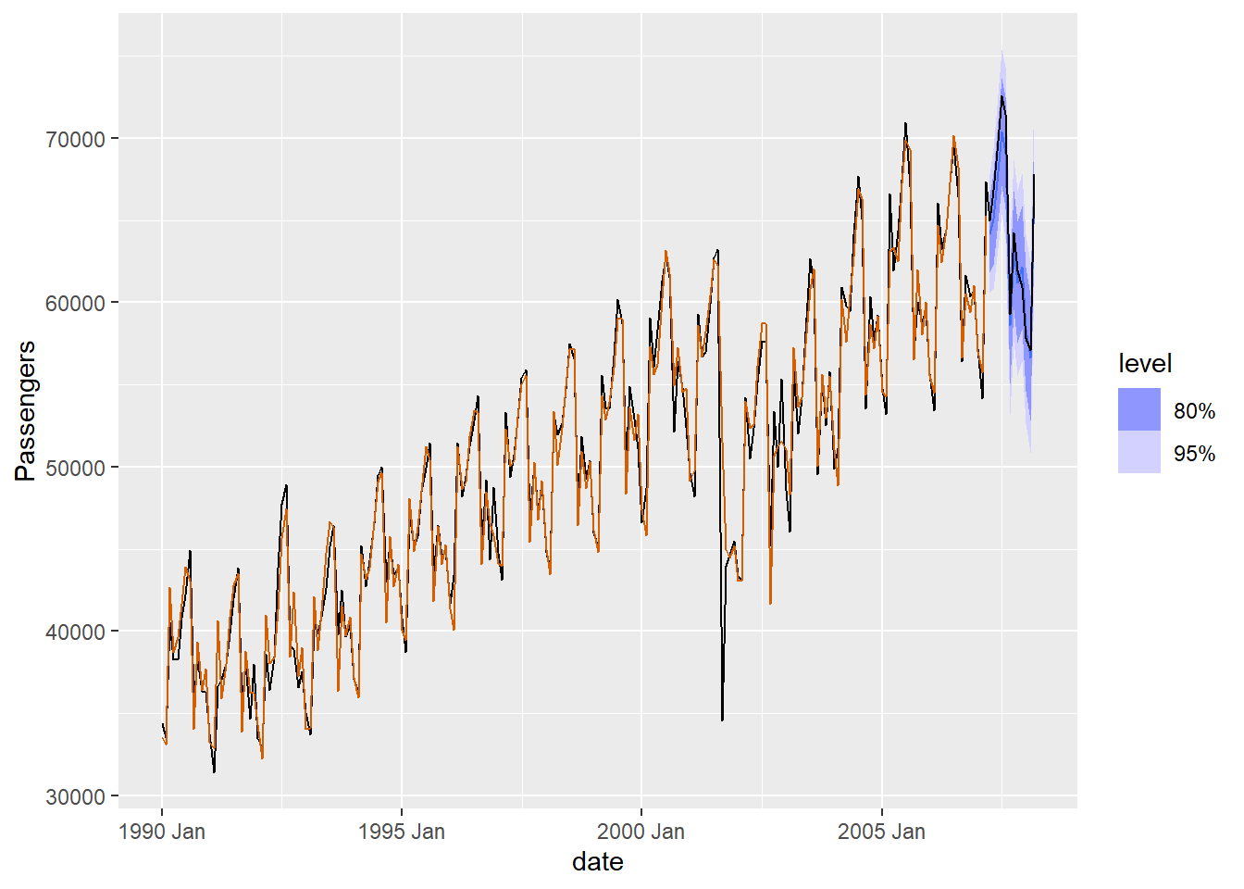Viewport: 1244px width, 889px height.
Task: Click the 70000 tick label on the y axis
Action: (75, 139)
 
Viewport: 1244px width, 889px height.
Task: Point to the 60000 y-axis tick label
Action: (75, 303)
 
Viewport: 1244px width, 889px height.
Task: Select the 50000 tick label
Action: (75, 468)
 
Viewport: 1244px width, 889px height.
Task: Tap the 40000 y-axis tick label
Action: (75, 632)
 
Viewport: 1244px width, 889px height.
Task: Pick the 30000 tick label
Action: (75, 796)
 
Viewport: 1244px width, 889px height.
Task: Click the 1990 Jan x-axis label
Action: (162, 831)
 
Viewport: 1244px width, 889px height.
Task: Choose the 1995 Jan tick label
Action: (401, 831)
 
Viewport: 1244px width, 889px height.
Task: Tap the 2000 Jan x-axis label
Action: (641, 831)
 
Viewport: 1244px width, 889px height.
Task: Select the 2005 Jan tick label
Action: (881, 831)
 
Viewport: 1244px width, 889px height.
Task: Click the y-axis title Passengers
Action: (26, 410)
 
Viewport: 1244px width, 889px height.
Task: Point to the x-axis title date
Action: (597, 862)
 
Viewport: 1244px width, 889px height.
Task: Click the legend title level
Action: (1144, 363)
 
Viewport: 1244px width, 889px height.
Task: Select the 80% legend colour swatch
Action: (1138, 409)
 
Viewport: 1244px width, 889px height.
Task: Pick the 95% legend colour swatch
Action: (1138, 453)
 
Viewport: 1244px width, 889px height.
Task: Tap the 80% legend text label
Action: (1194, 410)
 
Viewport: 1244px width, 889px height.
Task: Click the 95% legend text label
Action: (1194, 453)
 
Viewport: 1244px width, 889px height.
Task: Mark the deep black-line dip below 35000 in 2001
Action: (722, 720)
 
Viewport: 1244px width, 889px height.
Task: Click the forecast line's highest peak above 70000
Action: (1001, 96)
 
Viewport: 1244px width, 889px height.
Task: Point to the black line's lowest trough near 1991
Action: (214, 772)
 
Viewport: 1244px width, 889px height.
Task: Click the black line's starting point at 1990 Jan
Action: (162, 724)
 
